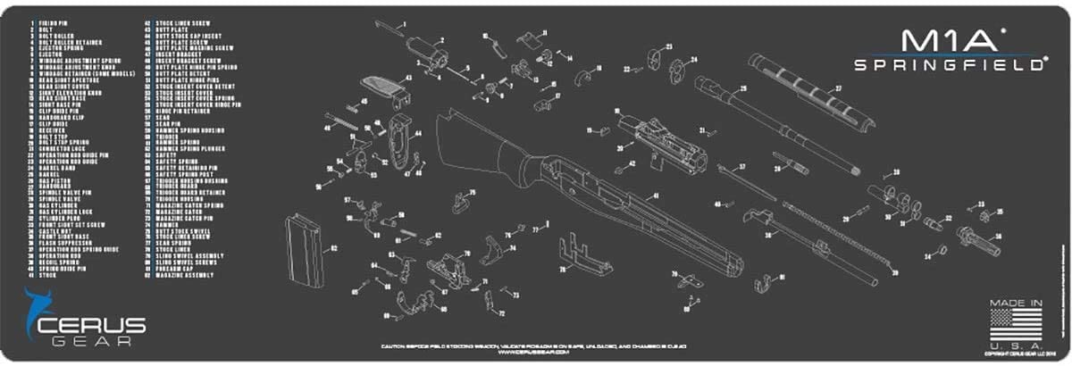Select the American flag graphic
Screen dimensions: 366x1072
pyautogui.click(x=1015, y=326)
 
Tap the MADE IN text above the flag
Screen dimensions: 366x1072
pyautogui.click(x=1016, y=304)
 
